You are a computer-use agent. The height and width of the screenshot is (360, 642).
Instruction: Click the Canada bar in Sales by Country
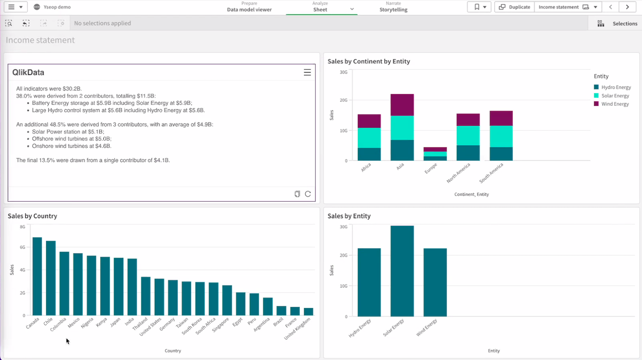click(37, 276)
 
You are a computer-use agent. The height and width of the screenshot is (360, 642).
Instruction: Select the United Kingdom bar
click(308, 312)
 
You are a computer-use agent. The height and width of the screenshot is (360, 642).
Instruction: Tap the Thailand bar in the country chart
click(145, 296)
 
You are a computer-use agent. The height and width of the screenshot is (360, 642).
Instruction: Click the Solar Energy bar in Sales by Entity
click(402, 271)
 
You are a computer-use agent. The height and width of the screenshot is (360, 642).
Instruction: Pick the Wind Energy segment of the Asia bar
click(402, 105)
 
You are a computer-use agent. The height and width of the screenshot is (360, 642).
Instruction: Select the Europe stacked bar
click(435, 154)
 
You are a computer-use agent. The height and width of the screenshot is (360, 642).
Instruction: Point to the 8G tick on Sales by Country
click(22, 227)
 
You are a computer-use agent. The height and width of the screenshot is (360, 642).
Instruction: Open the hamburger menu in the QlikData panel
click(307, 73)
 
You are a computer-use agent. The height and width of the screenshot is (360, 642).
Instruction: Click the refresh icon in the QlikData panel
click(308, 194)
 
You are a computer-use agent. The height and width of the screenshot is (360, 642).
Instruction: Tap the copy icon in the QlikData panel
click(297, 194)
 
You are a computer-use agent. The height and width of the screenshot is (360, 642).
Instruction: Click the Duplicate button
click(514, 7)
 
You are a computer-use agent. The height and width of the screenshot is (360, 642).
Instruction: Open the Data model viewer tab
click(249, 7)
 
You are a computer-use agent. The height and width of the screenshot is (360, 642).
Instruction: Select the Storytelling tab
click(393, 7)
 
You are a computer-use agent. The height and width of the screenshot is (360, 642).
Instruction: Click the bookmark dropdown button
click(480, 7)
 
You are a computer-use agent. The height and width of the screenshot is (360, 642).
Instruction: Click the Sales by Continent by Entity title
click(368, 62)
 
